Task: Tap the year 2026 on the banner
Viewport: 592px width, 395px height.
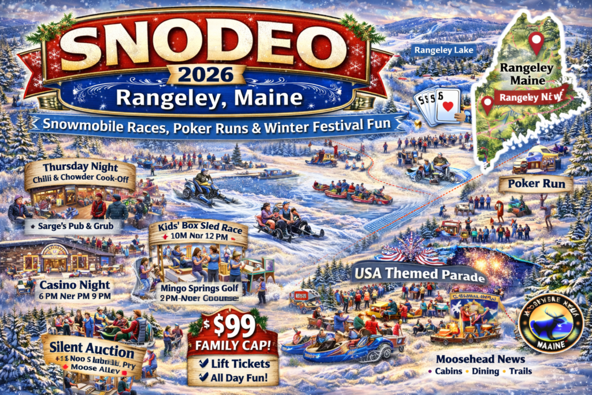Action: point(198,75)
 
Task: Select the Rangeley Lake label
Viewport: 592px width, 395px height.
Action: point(444,50)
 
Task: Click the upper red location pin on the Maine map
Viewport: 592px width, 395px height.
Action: point(537,40)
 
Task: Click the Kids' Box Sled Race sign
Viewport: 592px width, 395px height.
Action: point(198,228)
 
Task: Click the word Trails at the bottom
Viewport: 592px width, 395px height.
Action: point(519,371)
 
